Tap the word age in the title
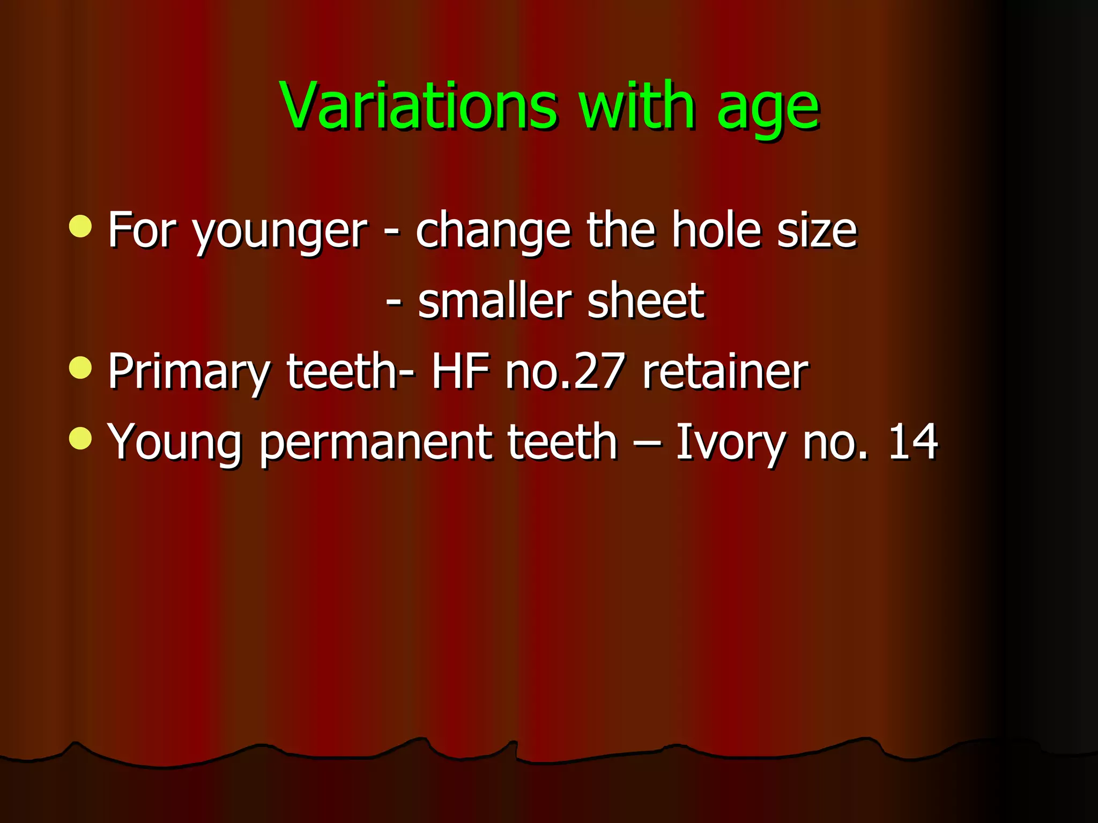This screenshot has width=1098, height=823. [768, 110]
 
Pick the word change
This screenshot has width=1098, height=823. [493, 233]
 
